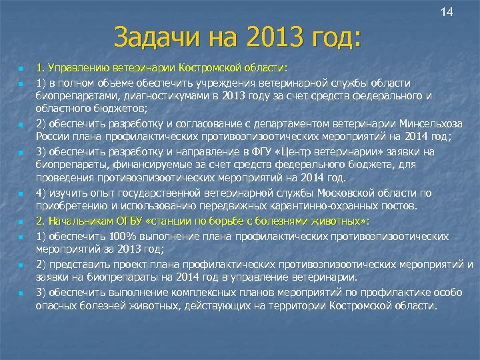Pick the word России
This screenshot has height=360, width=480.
(52, 138)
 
